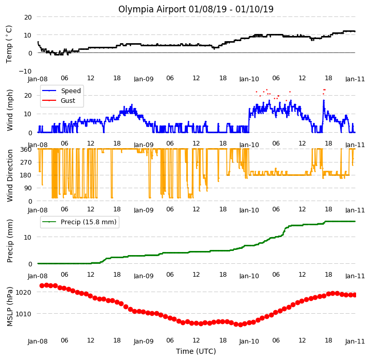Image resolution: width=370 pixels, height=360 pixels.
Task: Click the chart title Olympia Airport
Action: [152, 9]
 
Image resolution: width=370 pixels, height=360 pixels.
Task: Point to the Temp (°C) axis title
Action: [9, 44]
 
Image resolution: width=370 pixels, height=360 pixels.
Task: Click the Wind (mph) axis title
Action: [10, 110]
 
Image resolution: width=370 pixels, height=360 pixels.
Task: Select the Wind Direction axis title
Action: [10, 176]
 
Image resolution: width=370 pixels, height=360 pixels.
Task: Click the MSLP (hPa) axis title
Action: [10, 307]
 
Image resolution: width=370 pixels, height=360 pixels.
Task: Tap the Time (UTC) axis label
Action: [196, 351]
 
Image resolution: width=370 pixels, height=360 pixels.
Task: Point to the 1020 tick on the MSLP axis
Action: [23, 293]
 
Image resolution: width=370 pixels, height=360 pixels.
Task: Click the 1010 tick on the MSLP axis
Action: [23, 314]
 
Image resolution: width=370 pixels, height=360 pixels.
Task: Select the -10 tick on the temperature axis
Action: [25, 71]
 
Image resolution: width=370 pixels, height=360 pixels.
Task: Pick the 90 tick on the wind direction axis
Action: [28, 188]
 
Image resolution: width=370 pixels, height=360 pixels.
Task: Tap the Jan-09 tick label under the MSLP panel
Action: [144, 341]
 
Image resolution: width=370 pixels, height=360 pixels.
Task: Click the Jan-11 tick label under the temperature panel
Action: [355, 79]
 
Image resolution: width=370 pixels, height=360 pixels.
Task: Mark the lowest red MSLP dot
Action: [240, 325]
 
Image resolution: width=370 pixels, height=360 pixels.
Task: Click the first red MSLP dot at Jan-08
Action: [42, 286]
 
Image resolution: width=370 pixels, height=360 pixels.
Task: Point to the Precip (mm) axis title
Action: [10, 241]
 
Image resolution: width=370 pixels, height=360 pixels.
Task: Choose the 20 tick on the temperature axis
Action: [28, 17]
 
